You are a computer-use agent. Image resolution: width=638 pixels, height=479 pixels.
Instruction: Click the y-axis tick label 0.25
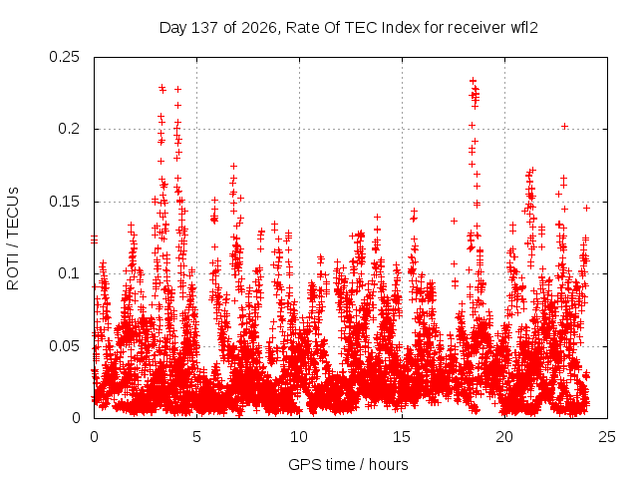[64, 57]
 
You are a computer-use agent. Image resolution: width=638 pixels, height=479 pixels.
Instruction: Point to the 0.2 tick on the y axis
[69, 129]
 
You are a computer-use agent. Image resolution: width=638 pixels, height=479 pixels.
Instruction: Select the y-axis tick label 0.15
[64, 202]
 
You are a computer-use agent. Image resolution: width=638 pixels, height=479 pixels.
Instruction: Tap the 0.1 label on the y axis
[69, 273]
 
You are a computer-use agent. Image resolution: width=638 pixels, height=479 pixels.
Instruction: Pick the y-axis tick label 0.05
[64, 346]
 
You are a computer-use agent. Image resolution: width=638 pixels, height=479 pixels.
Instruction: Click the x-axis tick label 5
[197, 437]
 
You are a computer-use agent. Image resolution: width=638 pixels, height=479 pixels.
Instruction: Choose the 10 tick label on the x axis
[299, 437]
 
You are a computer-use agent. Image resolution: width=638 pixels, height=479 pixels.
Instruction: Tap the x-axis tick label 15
[402, 437]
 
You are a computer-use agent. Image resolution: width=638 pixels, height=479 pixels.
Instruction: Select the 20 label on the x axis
[504, 437]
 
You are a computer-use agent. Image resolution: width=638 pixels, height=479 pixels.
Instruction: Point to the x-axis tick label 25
[607, 437]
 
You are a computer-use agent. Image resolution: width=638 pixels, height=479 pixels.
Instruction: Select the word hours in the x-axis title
[388, 464]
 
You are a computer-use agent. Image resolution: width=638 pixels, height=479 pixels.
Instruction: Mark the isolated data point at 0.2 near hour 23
[564, 127]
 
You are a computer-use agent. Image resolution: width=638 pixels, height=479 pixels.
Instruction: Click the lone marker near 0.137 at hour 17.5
[455, 221]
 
